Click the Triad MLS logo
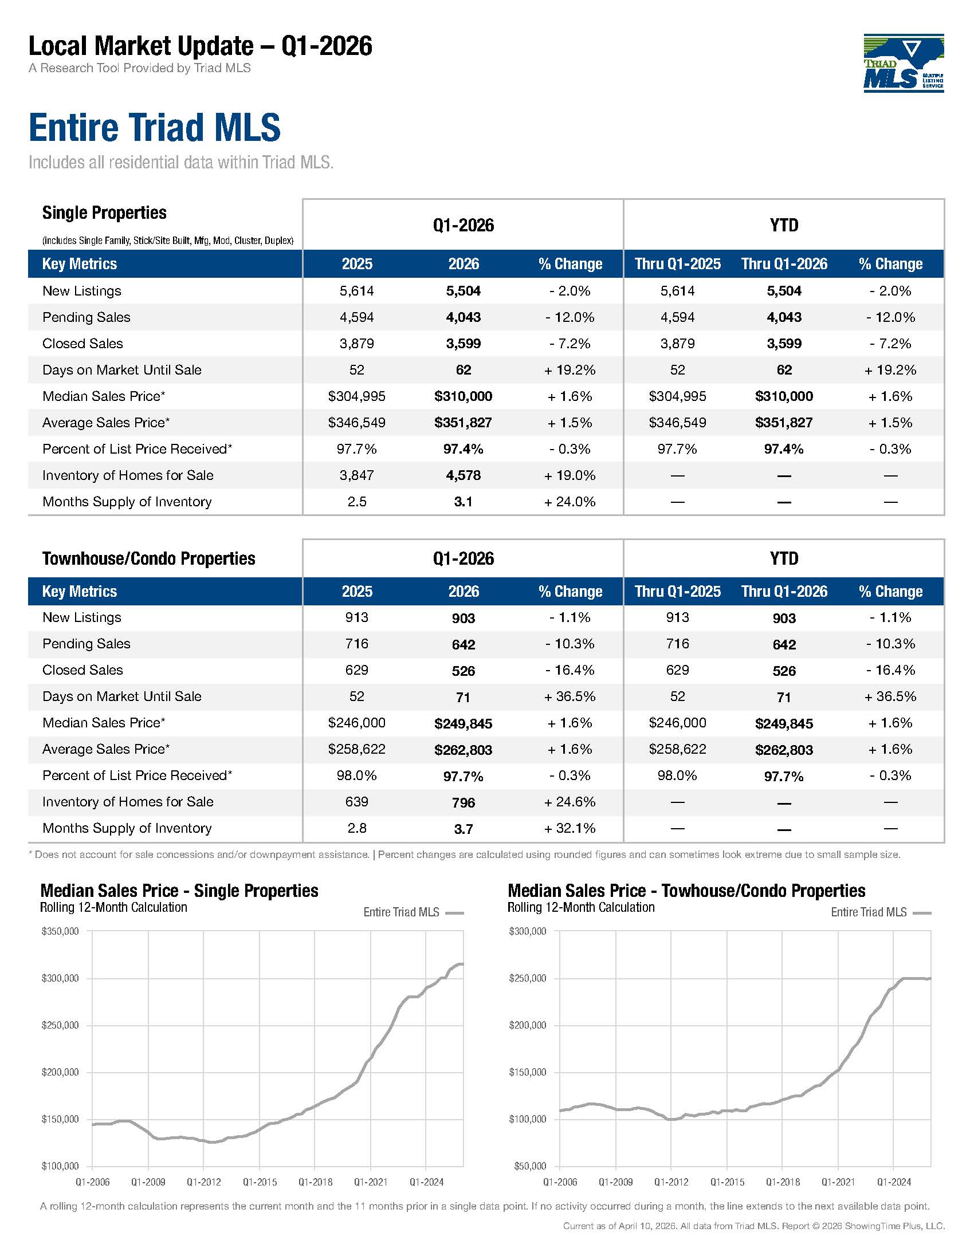[904, 63]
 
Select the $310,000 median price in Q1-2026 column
[464, 396]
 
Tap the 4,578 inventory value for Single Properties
[464, 475]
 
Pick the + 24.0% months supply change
[570, 502]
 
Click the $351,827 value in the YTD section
[784, 423]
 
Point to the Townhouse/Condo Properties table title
[149, 558]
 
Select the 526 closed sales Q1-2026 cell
[464, 671]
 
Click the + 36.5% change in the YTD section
[890, 696]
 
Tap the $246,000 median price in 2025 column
[356, 723]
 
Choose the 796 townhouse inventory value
[464, 802]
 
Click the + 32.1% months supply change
[570, 829]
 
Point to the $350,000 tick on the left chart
[60, 931]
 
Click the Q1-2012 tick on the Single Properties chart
[204, 1182]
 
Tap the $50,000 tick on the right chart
[530, 1167]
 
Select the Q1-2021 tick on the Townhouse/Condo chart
[838, 1182]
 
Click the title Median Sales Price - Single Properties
[179, 891]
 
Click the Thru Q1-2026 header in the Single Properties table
[784, 264]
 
